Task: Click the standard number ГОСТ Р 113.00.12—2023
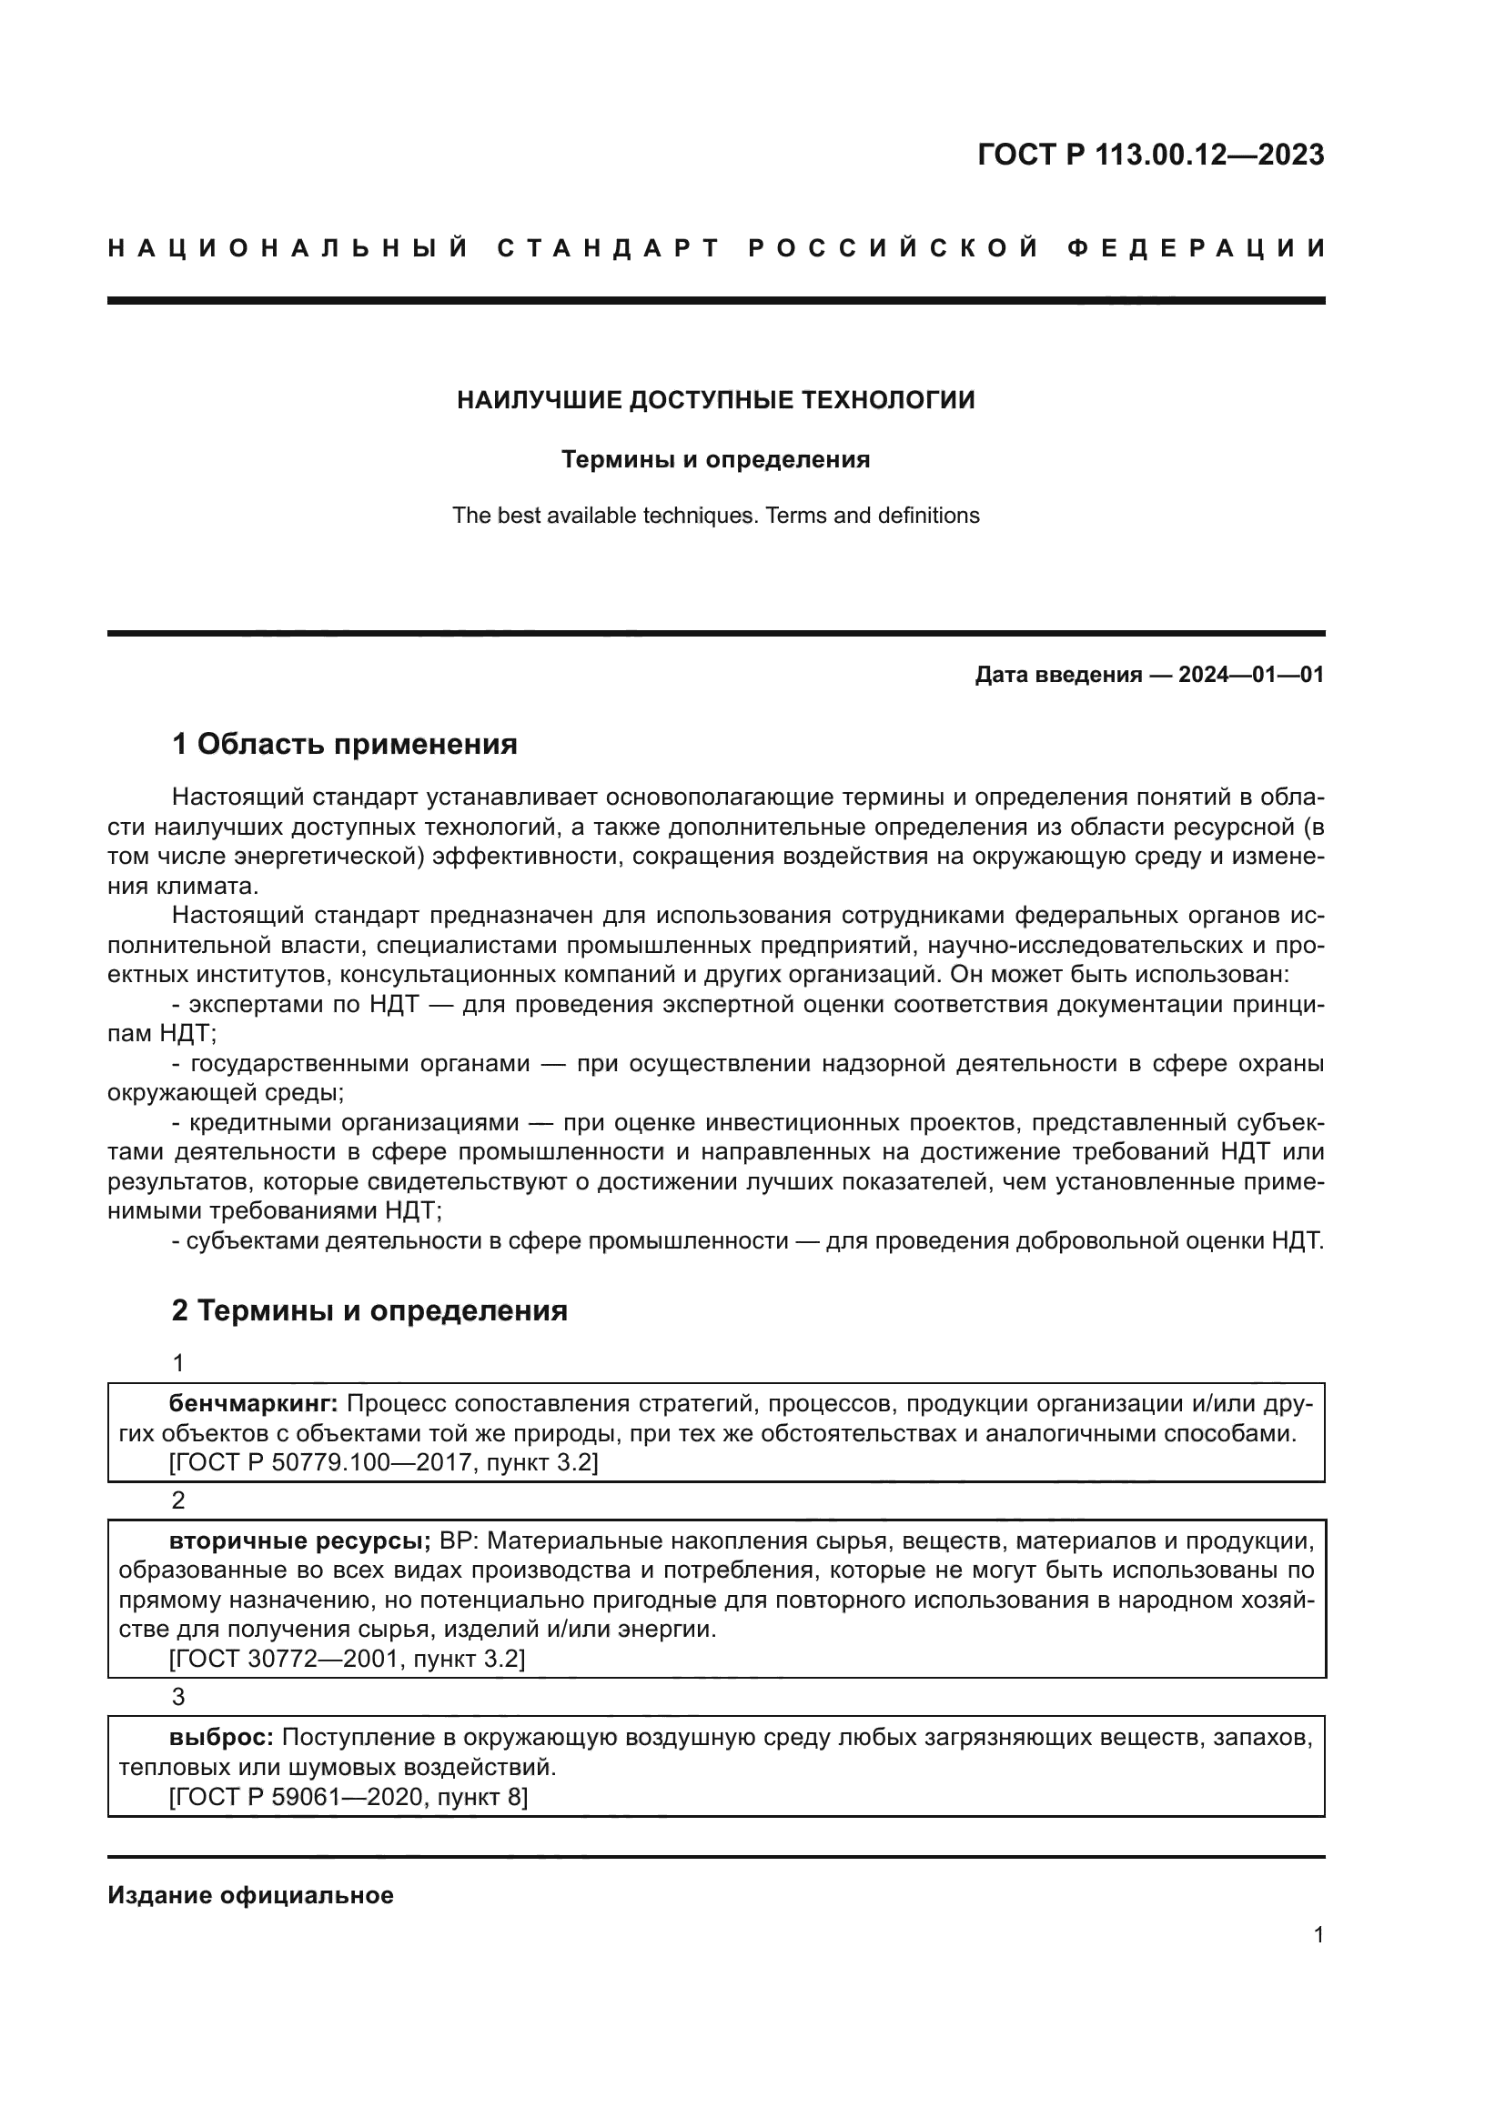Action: (1150, 155)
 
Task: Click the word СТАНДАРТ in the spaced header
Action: (608, 248)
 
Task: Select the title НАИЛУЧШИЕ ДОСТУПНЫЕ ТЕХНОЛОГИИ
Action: (715, 400)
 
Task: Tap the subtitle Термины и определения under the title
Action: (715, 459)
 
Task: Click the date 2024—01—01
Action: (1250, 675)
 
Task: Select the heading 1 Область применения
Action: (344, 743)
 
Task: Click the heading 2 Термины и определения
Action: (369, 1309)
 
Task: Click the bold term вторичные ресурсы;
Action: (299, 1540)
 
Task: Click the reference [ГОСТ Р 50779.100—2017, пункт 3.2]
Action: (383, 1463)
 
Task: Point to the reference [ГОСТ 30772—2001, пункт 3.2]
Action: (347, 1659)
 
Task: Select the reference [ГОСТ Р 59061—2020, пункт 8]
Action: (348, 1797)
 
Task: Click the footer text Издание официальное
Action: (250, 1895)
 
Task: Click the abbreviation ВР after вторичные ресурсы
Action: (456, 1540)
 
